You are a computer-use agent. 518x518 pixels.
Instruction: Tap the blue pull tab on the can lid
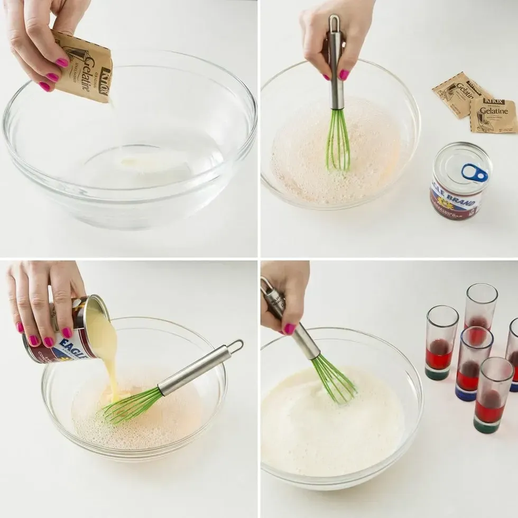point(475,172)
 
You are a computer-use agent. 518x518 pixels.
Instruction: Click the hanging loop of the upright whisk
point(334,23)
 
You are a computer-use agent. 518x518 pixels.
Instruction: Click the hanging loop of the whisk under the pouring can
point(235,346)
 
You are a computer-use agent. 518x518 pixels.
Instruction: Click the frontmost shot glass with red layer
point(493,394)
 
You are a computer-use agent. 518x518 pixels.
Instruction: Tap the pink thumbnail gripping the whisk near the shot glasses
point(289,329)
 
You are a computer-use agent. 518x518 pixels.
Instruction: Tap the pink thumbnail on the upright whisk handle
point(344,75)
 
